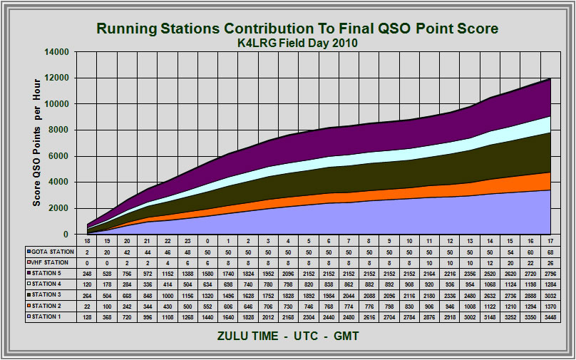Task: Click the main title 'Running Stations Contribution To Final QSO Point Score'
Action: coord(297,29)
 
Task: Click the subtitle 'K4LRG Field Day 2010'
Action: coord(297,43)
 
